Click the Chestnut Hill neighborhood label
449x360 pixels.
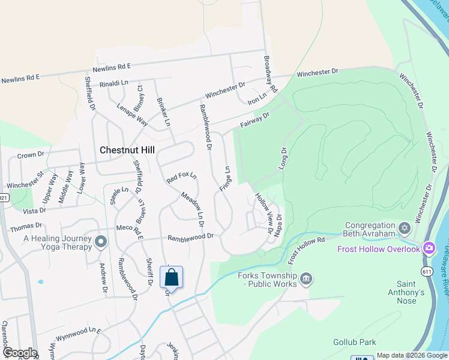coord(126,150)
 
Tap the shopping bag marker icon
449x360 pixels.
coord(171,278)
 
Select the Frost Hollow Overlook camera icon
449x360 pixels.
coord(429,248)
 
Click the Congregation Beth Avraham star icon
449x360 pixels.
coord(404,227)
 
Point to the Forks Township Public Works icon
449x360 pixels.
coord(306,278)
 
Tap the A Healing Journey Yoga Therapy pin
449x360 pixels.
coord(100,242)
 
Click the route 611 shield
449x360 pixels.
coord(427,271)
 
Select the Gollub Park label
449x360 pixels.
coord(354,342)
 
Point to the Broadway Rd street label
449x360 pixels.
coord(270,74)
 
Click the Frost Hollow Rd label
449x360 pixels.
coord(306,250)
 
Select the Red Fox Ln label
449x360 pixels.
coord(181,178)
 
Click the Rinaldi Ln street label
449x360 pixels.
coord(114,82)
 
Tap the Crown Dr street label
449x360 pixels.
coord(31,155)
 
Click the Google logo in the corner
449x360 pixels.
coord(20,353)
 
